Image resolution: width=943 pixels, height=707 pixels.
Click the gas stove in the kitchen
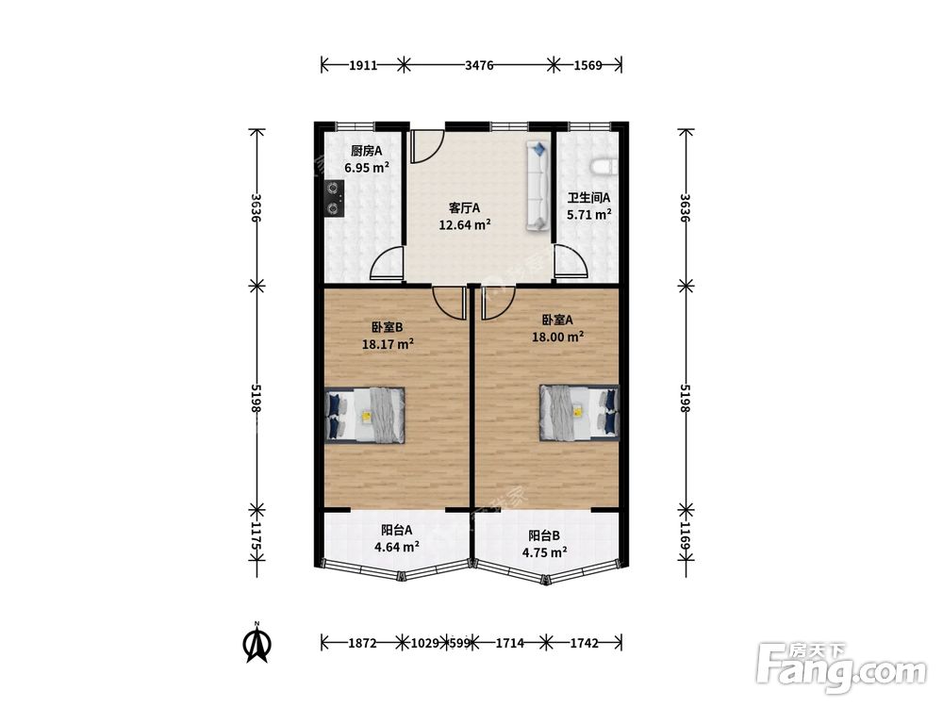(334, 198)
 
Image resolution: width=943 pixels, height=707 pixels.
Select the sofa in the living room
(538, 186)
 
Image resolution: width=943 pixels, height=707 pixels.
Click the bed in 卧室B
(364, 415)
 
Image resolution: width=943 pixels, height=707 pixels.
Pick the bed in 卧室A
(579, 413)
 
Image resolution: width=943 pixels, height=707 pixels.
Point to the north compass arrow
(256, 642)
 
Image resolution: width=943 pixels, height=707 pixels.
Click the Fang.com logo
(841, 667)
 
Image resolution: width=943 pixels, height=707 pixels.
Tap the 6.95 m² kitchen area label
(367, 168)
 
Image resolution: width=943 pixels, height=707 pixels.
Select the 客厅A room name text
(464, 208)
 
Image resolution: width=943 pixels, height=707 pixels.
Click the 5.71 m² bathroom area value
(589, 215)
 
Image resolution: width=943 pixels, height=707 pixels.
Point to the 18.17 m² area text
(388, 344)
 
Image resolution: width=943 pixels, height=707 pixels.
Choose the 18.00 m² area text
(557, 337)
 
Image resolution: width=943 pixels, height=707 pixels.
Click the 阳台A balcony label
(396, 530)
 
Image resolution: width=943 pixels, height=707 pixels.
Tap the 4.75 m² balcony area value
(545, 552)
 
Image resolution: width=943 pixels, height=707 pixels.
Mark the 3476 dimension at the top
(479, 65)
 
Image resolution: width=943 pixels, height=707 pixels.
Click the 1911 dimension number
(363, 65)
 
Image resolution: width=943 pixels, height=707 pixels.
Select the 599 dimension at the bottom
(459, 643)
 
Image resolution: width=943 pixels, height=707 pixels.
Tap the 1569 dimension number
(587, 65)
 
